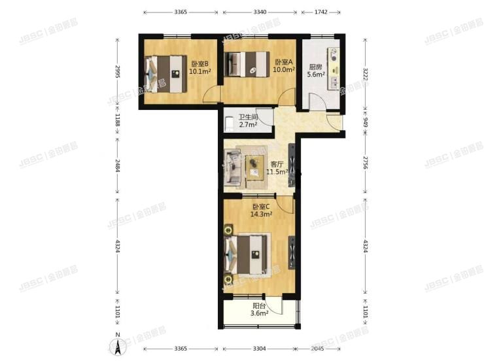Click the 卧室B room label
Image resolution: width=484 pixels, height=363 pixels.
(x=199, y=64)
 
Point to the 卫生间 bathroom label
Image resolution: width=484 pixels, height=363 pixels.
(x=247, y=117)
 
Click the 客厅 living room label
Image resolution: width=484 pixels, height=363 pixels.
(x=277, y=165)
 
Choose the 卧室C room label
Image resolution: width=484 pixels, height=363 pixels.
(x=262, y=207)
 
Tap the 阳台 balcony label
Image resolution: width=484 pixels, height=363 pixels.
(x=259, y=306)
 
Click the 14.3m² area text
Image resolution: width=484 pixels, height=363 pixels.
(x=262, y=214)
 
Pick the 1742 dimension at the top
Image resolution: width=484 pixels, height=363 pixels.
(x=321, y=12)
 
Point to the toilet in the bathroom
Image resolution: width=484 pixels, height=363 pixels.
(x=229, y=122)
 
